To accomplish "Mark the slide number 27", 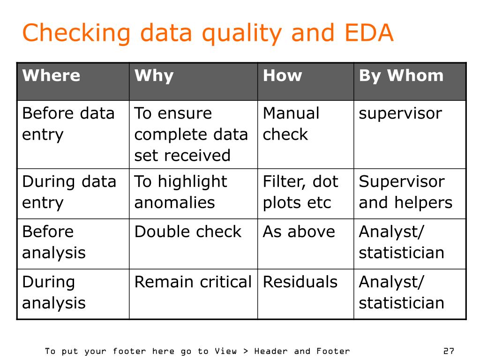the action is pyautogui.click(x=449, y=351).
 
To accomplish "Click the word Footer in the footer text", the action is pyautogui.click(x=333, y=351).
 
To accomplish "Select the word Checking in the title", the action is pyautogui.click(x=76, y=34).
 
